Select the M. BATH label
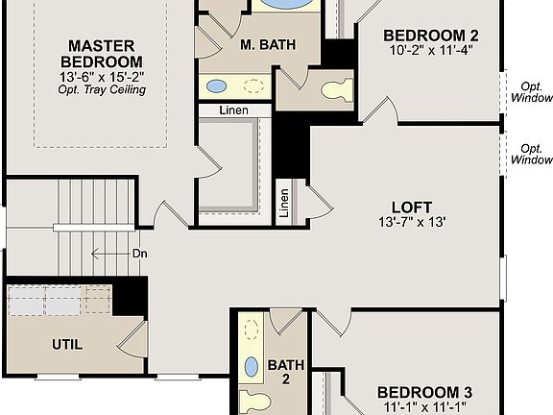(260, 44)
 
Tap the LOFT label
(411, 207)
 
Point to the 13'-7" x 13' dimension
(411, 222)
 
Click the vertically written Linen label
(285, 204)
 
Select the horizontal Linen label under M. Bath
(231, 110)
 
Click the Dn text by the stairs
(139, 255)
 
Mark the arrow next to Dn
(108, 255)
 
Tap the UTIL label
(66, 344)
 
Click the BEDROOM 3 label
(423, 392)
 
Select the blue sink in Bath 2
(252, 366)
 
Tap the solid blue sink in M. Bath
(217, 85)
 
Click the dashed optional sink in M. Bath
(253, 85)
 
